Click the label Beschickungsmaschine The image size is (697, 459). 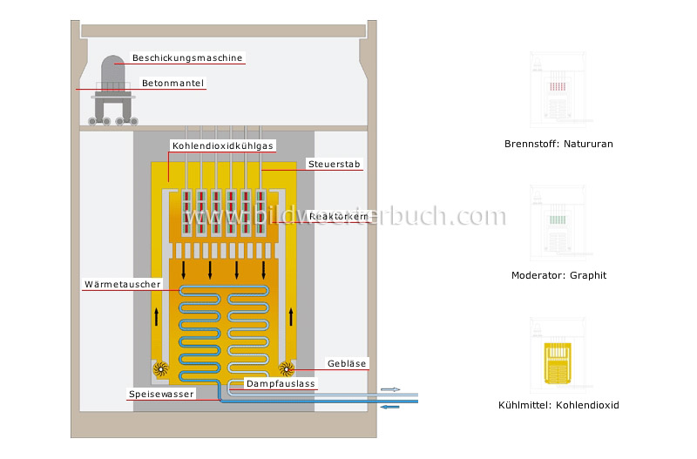pos(186,58)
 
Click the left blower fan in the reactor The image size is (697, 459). pos(161,368)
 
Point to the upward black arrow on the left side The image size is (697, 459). pos(158,315)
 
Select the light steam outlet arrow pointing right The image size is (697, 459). pos(391,390)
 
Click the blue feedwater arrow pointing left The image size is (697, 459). pos(389,405)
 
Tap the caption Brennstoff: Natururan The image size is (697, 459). pos(558,144)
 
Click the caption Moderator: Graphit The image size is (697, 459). pos(558,275)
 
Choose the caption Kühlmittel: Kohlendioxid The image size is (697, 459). pos(558,405)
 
